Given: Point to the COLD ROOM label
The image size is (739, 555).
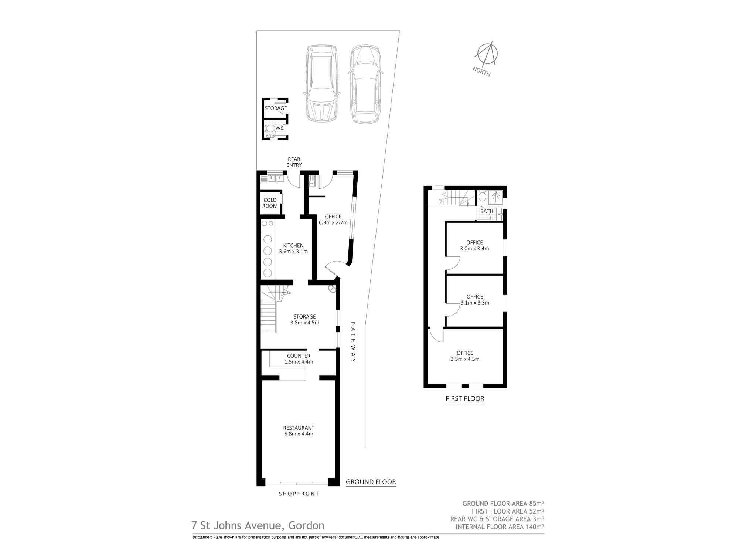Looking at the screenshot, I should (x=270, y=203).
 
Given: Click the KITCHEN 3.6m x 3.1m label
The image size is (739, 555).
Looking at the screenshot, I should (x=293, y=248).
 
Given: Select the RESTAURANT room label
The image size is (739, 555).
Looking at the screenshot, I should (x=299, y=431).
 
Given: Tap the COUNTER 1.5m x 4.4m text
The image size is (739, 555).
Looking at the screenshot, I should (x=299, y=359).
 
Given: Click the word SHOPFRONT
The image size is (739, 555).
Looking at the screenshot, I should (x=299, y=494).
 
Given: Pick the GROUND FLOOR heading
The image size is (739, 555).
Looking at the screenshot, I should (x=371, y=482).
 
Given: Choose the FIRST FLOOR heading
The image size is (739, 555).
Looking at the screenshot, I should (x=465, y=398).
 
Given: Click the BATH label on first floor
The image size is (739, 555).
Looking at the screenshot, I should (x=487, y=211).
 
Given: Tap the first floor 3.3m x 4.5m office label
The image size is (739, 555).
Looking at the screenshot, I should (x=465, y=356).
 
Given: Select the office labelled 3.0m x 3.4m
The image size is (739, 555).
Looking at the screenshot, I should (x=474, y=246).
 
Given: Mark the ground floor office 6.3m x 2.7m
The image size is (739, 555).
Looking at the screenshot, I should (x=333, y=219).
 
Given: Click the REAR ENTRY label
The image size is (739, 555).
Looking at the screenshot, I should (x=294, y=162).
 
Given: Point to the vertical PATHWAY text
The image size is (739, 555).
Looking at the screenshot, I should (x=353, y=342).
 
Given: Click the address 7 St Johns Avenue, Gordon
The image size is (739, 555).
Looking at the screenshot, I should (x=258, y=525).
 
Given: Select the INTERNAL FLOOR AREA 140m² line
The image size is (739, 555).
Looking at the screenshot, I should (x=500, y=527).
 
